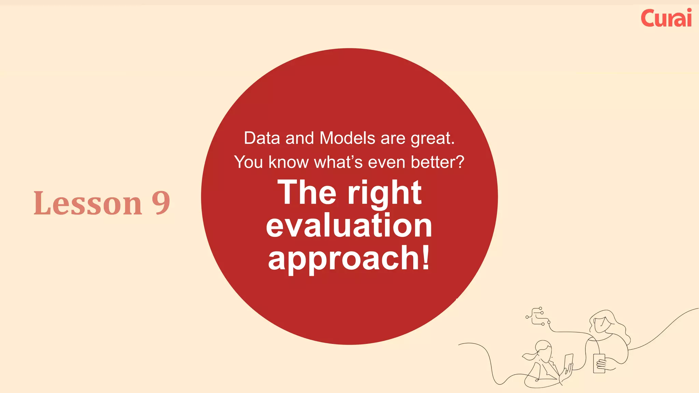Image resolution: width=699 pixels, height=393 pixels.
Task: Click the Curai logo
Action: tap(666, 18)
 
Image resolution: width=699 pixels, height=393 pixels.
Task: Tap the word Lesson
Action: tap(88, 203)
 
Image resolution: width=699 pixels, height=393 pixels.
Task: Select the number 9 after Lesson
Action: tap(161, 203)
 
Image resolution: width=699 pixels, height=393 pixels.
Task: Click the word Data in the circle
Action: tap(262, 138)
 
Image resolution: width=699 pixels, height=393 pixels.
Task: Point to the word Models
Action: tap(347, 138)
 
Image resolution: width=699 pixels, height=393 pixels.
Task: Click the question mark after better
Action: tap(460, 162)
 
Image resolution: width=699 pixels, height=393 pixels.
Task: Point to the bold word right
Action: tap(385, 194)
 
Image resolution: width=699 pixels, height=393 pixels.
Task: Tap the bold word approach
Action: tap(344, 258)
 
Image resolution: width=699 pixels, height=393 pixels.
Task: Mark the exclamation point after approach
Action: tap(426, 257)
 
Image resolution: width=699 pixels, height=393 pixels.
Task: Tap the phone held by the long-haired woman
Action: tap(599, 363)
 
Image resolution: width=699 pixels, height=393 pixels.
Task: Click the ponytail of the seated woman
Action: tap(529, 356)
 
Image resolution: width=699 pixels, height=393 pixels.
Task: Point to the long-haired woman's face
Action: tap(600, 324)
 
